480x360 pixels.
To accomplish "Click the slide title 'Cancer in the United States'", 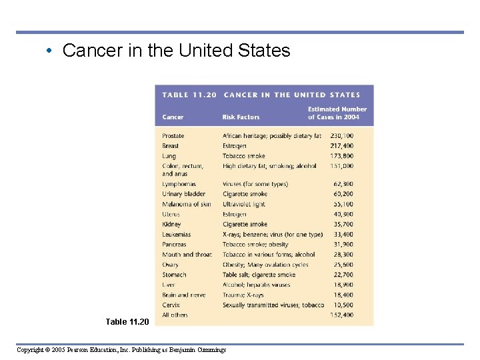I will tap(176, 51).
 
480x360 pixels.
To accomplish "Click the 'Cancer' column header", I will tap(173, 117).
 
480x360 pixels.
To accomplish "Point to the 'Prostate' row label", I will tap(173, 136).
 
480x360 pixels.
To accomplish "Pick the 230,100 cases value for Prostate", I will tap(341, 136).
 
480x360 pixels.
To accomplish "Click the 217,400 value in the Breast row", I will tap(341, 146).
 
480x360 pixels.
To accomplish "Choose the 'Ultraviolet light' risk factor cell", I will tap(244, 204).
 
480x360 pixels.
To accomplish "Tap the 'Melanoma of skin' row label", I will tap(187, 204).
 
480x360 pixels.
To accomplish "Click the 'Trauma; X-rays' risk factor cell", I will tap(243, 295).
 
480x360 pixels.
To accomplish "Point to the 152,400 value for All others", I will tap(341, 315).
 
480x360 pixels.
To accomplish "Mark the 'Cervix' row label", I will tap(171, 305).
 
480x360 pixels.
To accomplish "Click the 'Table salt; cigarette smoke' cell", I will tap(259, 275).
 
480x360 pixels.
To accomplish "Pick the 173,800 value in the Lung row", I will tap(341, 156).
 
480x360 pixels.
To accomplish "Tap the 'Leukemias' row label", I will tap(177, 235).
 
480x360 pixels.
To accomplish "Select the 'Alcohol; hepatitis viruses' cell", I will tap(257, 285).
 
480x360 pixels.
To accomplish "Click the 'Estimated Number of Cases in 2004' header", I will tap(337, 113).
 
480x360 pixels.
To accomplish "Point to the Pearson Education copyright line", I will tap(121, 350).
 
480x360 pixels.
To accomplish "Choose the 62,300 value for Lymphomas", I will tap(343, 184).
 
